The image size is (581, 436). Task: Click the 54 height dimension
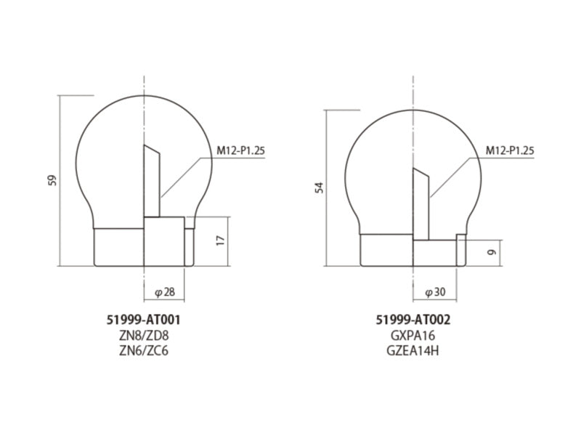[319, 187]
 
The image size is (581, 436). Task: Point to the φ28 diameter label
[165, 292]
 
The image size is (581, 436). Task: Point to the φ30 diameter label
[434, 292]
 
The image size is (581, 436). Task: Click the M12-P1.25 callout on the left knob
[240, 151]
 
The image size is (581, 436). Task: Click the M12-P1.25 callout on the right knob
[510, 151]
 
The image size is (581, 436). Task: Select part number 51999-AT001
[143, 320]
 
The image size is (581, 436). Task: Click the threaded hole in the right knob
[421, 203]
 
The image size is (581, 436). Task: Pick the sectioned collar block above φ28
[163, 241]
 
